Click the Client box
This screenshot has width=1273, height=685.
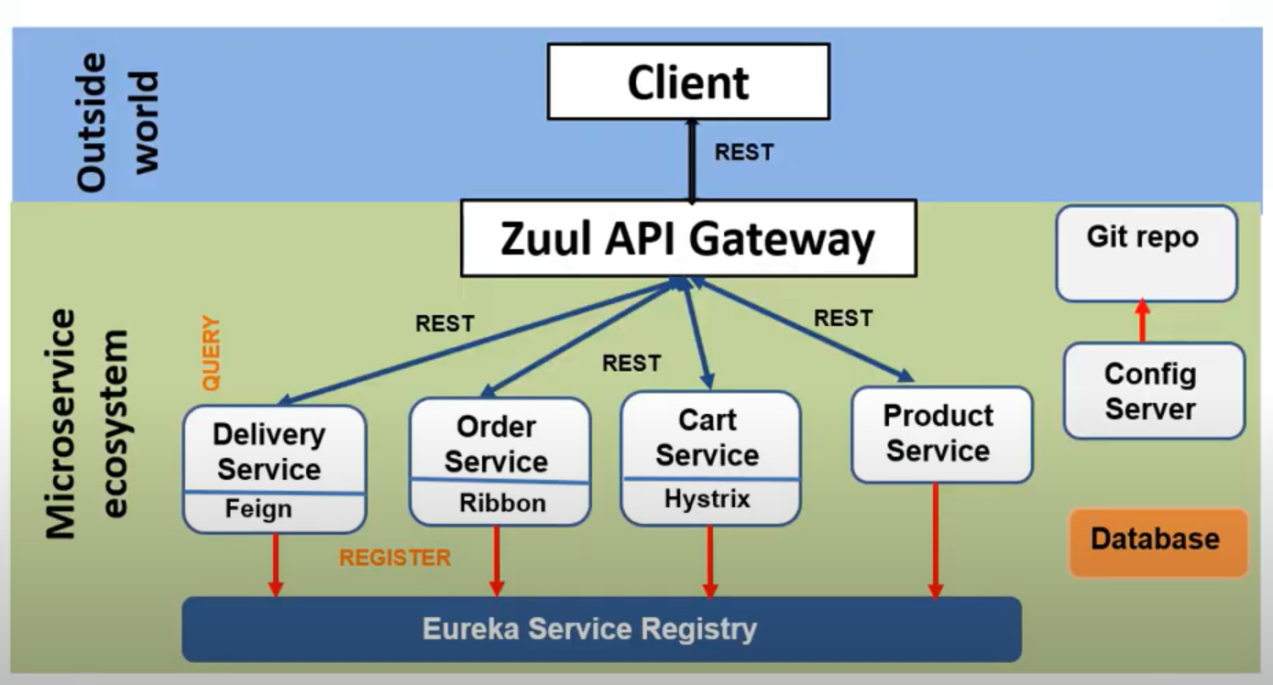coord(688,82)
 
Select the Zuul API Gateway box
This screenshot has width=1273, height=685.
coord(688,239)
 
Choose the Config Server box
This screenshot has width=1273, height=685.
coord(1153,391)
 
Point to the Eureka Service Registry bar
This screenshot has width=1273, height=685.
coord(600,629)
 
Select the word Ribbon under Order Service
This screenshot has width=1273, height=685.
coord(501,503)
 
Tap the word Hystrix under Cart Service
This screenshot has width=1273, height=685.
coord(707,499)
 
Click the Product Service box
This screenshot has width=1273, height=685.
coord(940,434)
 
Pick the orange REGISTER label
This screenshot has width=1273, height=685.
coord(395,558)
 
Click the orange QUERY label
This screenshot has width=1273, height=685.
coord(212,353)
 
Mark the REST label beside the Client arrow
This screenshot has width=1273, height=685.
coord(743,152)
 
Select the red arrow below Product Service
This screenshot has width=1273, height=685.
coord(936,540)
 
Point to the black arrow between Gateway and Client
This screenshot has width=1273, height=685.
coord(691,160)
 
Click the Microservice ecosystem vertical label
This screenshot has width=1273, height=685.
coord(87,423)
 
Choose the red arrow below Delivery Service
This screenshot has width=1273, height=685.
coord(274,564)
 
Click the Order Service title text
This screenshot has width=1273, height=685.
coord(497,443)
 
